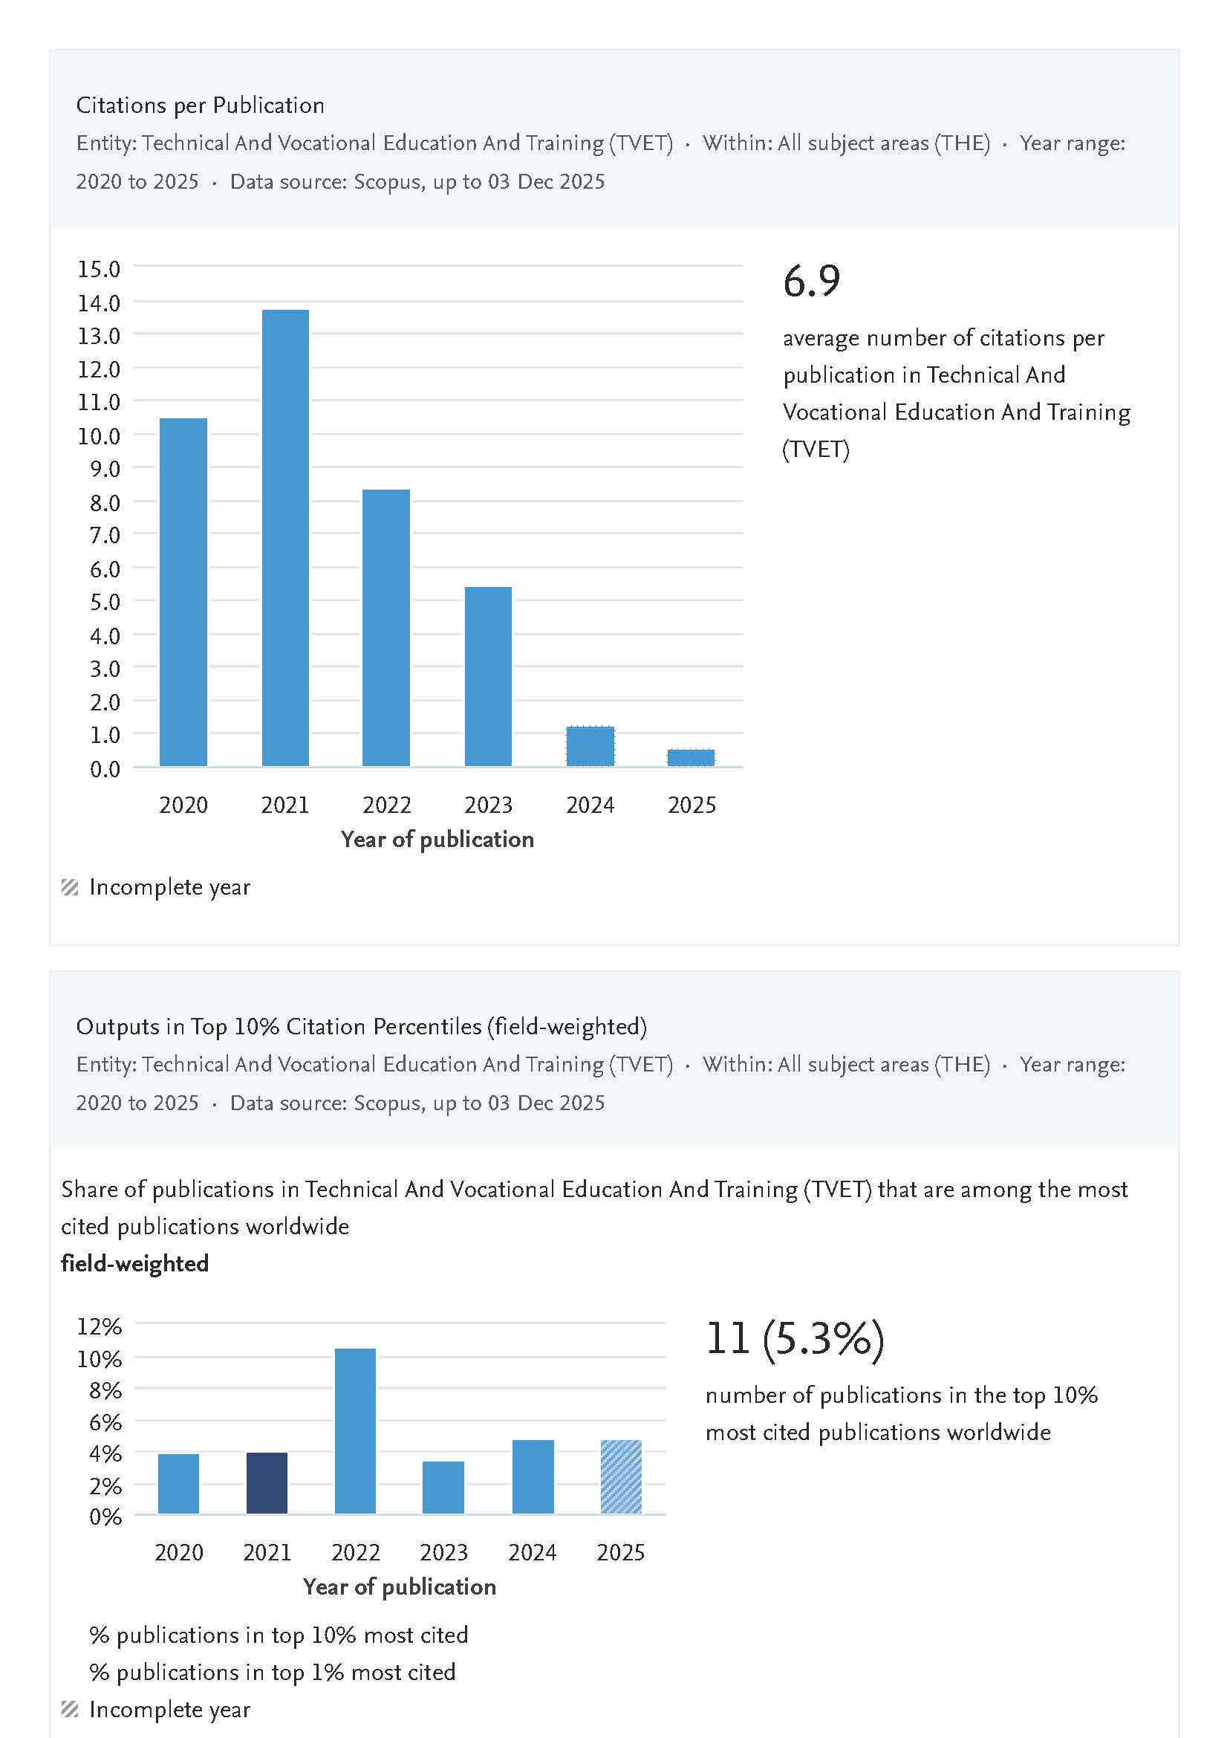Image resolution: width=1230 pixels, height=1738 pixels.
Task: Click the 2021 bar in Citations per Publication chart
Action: tap(284, 538)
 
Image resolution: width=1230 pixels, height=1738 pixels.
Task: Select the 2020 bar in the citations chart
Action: tap(183, 591)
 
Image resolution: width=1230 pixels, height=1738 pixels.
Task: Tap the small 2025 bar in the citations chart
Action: tap(691, 758)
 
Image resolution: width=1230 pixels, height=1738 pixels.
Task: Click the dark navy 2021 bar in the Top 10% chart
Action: tap(267, 1482)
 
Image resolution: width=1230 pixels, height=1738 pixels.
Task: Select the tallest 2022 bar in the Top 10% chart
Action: tap(355, 1431)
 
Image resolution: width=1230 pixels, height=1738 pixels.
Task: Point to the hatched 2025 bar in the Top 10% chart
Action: tap(621, 1476)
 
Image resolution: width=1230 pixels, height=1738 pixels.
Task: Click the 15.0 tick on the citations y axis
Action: tap(100, 269)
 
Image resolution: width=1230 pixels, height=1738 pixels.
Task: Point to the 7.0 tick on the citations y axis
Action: tap(105, 536)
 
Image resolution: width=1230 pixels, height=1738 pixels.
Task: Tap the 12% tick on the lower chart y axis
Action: tap(100, 1326)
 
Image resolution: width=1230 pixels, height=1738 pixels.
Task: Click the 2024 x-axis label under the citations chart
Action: tap(590, 805)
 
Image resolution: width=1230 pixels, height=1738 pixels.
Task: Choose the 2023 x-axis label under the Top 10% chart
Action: tap(444, 1552)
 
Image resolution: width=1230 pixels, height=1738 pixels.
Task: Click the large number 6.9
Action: tap(811, 281)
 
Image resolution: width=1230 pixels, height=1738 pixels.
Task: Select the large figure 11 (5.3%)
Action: tap(795, 1338)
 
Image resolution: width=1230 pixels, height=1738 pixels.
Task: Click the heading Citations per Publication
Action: tap(200, 106)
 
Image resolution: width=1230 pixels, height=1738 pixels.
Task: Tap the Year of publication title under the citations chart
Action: tap(437, 840)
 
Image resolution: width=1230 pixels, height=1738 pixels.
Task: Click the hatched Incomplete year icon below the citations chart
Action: tap(70, 887)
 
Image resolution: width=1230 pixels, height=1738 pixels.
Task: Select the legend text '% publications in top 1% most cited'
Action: tap(272, 1672)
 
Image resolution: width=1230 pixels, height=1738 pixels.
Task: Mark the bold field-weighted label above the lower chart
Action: tap(135, 1263)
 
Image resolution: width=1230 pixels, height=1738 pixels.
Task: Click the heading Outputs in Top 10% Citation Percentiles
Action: tap(361, 1027)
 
